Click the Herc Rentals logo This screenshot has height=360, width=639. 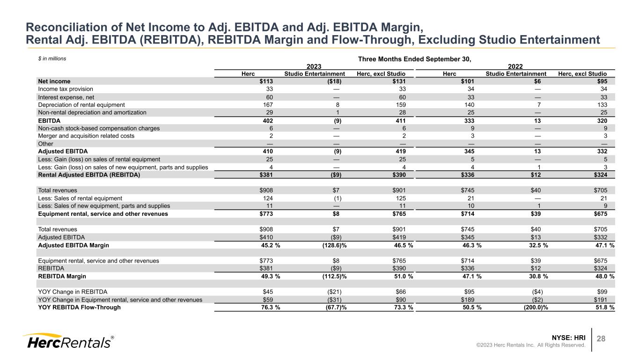(68, 342)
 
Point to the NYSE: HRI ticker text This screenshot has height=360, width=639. (569, 338)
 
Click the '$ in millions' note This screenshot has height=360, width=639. (51, 59)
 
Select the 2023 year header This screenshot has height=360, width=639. (314, 66)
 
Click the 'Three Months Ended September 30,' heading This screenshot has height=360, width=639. (414, 59)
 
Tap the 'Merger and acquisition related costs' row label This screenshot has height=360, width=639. (86, 136)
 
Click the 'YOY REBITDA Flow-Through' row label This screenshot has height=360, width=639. (79, 308)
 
